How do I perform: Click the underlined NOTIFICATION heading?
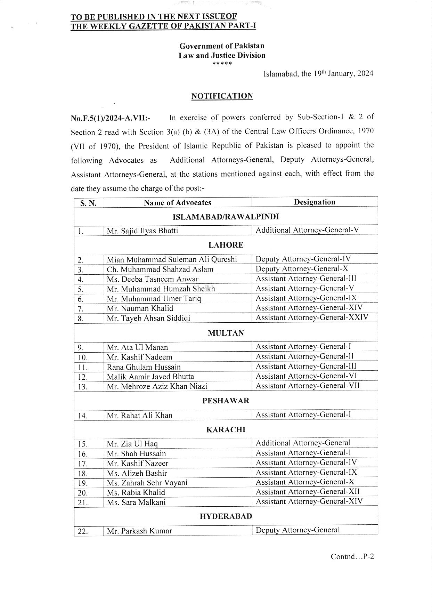(x=222, y=96)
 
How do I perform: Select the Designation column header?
(x=315, y=202)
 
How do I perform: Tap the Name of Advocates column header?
(x=177, y=202)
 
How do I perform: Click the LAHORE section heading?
(x=226, y=245)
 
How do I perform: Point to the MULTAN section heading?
(x=226, y=333)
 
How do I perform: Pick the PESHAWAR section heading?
(x=226, y=400)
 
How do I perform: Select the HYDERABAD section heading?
(x=226, y=516)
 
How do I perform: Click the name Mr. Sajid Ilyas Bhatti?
(x=142, y=231)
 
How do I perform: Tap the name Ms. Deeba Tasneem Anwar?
(x=153, y=279)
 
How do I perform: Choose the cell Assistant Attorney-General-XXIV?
(x=312, y=317)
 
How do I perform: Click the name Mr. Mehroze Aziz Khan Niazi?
(x=157, y=386)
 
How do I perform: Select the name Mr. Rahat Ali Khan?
(x=139, y=415)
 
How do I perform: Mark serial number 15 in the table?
(x=83, y=444)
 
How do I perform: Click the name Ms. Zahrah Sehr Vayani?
(x=147, y=483)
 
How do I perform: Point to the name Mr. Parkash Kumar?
(x=139, y=531)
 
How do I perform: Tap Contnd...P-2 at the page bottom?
(x=352, y=556)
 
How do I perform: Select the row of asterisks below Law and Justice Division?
(x=222, y=64)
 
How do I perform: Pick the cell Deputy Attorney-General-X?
(x=302, y=269)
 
